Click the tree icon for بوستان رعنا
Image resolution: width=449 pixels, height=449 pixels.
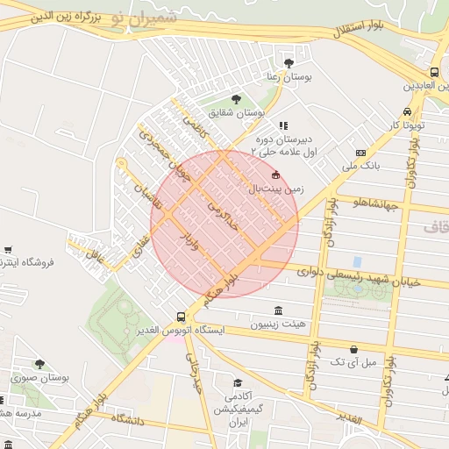click(x=289, y=62)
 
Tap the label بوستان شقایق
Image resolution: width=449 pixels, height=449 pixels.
click(x=237, y=113)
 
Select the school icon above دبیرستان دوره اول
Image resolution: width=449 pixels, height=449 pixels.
click(x=282, y=126)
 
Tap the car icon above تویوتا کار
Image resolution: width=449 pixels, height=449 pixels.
click(x=407, y=111)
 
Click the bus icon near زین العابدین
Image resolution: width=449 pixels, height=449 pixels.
click(x=434, y=72)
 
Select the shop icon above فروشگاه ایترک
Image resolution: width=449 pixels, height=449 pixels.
click(x=8, y=249)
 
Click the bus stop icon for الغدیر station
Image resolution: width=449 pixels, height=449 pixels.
click(x=182, y=317)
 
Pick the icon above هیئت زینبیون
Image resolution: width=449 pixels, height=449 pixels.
click(x=278, y=310)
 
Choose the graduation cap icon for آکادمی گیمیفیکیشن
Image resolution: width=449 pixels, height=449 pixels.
click(x=238, y=382)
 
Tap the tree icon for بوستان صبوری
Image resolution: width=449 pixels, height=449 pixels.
click(x=39, y=363)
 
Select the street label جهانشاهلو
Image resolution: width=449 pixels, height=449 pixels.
click(x=376, y=205)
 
